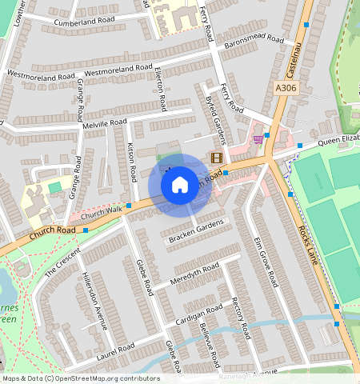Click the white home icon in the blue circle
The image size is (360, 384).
(x=180, y=186)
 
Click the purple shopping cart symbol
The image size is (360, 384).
(x=258, y=138)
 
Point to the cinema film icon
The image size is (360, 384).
(x=215, y=158)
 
